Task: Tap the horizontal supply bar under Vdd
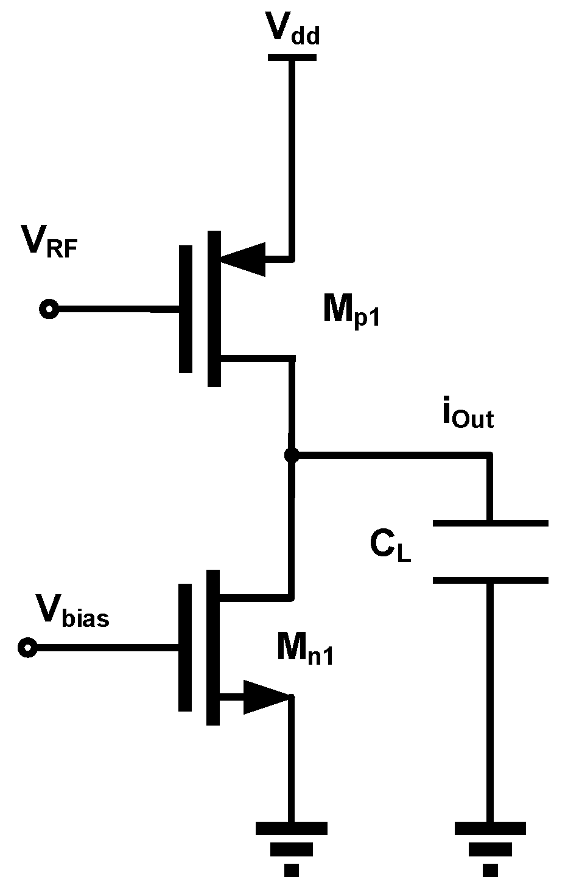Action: pyautogui.click(x=292, y=58)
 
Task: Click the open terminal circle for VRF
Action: pyautogui.click(x=48, y=309)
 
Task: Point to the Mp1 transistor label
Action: pyautogui.click(x=351, y=312)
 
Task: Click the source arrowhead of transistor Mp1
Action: pyautogui.click(x=244, y=259)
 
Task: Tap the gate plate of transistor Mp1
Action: pyautogui.click(x=186, y=309)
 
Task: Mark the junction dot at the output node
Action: pyautogui.click(x=292, y=455)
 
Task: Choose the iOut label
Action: pyautogui.click(x=467, y=416)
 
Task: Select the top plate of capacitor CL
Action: pyautogui.click(x=490, y=522)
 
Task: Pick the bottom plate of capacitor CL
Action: pyautogui.click(x=490, y=580)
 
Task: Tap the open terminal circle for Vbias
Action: pyautogui.click(x=27, y=647)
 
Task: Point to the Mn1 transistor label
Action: pyautogui.click(x=304, y=649)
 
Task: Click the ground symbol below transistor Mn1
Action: pyautogui.click(x=292, y=849)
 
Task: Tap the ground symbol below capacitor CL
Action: pyautogui.click(x=490, y=849)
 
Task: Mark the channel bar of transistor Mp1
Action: pyautogui.click(x=214, y=309)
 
